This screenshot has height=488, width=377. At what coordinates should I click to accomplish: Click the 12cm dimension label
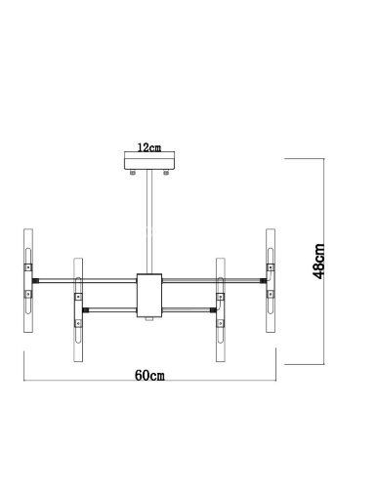click(149, 149)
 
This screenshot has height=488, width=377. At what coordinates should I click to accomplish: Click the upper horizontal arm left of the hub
click(88, 279)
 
